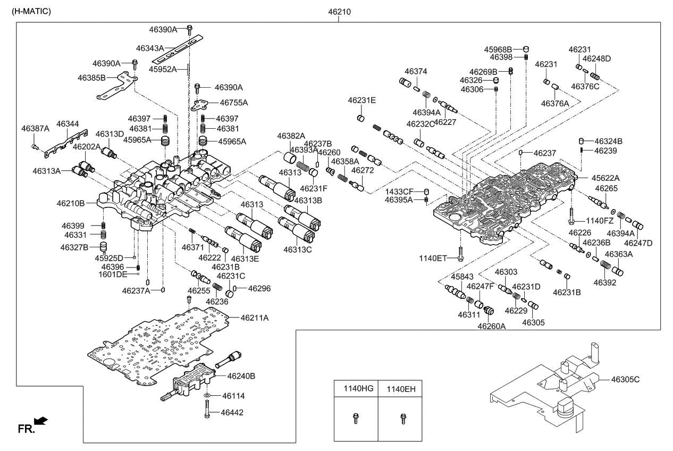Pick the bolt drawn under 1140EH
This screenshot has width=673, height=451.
402,419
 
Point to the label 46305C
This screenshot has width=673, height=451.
625,379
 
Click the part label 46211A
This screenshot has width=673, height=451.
254,318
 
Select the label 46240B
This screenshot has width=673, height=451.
241,376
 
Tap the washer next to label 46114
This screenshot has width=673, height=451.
207,396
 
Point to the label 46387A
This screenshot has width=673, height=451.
35,128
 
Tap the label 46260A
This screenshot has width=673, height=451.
491,327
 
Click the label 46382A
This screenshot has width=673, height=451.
291,136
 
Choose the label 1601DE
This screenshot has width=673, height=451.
113,274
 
